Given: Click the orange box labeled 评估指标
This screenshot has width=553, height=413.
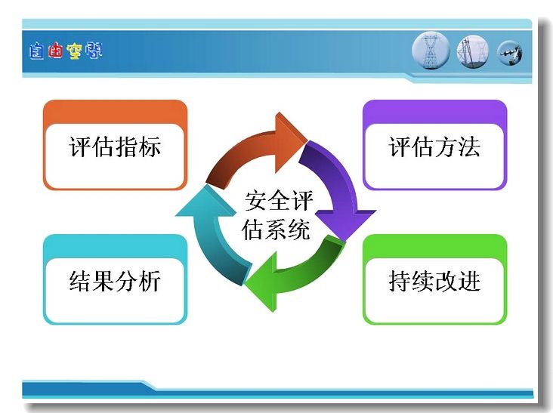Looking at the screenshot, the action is pos(115,145).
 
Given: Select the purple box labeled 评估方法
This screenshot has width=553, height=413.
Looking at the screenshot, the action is pos(434,145).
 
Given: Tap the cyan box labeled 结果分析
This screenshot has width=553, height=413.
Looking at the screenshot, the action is pos(115,279).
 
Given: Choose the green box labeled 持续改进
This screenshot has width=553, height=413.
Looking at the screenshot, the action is pos(434,279).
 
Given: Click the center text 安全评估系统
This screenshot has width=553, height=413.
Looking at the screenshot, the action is pos(277,215).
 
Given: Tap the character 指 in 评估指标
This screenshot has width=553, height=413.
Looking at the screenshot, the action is pos(126,146).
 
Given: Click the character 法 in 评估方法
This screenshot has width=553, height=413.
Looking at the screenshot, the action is pos(469,146).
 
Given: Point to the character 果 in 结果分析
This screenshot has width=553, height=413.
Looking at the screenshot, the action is pos(103,281).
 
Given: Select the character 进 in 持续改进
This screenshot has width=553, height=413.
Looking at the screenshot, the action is pos(469,281).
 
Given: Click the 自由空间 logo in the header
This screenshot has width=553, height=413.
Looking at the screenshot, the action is pos(66,51).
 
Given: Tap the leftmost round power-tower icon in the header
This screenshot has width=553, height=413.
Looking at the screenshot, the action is pos(431,51).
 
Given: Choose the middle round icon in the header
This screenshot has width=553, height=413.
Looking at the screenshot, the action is pos(473,51).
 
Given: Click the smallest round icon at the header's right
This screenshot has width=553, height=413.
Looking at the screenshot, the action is pos(510,53).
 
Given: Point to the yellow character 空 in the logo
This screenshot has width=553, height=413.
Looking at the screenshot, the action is pos(74,51).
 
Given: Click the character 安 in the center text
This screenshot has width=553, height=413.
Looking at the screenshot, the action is pos(255,201).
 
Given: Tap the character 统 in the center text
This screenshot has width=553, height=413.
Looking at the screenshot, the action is pos(299,230).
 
